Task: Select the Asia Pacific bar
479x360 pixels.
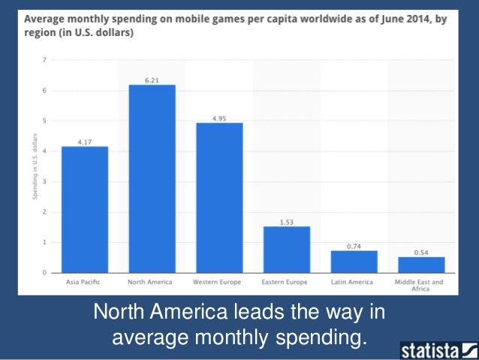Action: point(84,210)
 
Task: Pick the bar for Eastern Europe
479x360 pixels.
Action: point(286,250)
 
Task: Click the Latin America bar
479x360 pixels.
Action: point(354,262)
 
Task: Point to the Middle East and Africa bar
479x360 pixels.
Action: point(421,265)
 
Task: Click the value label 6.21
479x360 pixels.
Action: point(152,79)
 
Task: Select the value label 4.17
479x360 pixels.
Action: point(84,141)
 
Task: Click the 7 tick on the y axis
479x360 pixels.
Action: point(44,60)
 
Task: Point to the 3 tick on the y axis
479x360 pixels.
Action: point(44,182)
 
